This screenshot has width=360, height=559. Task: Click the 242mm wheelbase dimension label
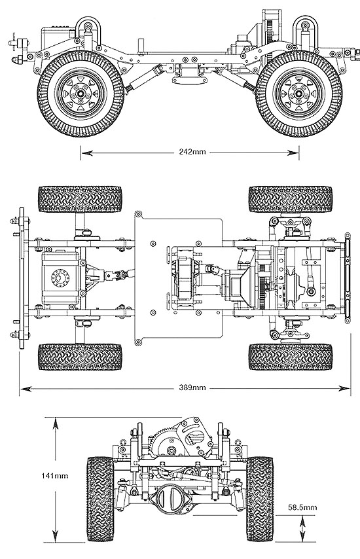point(192,152)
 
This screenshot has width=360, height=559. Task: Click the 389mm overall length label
point(192,388)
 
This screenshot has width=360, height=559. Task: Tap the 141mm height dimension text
point(54,475)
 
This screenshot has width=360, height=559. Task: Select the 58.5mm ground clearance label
point(302,507)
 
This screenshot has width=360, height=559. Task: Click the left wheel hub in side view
point(81,94)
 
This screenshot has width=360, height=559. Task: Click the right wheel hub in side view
point(298,94)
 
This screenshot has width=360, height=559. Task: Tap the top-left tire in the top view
point(80,199)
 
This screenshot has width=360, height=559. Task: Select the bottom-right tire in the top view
point(291,357)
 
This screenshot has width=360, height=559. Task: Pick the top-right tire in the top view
point(291,199)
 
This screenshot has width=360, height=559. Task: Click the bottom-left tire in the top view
point(80,357)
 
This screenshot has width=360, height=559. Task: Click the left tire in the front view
point(100,498)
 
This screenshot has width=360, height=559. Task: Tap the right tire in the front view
point(260,498)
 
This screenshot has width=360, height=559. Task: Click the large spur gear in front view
point(168,442)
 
